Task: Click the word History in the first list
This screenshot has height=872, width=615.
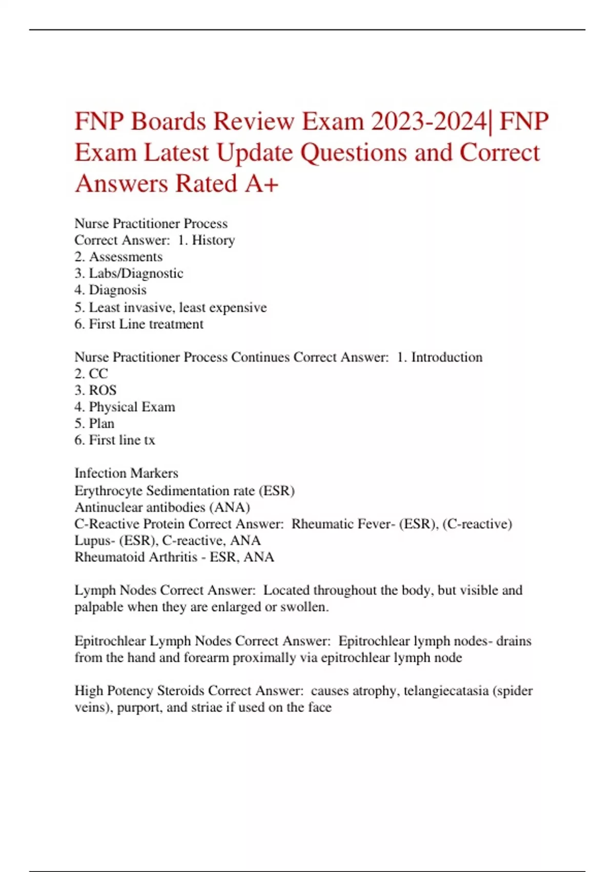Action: [x=213, y=240]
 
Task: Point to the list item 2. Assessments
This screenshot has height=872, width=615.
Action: [x=118, y=256]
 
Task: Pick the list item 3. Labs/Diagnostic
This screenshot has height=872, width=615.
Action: [x=129, y=273]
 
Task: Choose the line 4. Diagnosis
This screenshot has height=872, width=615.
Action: [x=110, y=290]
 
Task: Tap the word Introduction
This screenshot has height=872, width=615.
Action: [x=446, y=357]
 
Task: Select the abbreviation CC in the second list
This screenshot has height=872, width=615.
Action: [x=98, y=373]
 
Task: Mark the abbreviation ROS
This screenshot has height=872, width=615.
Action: [x=102, y=390]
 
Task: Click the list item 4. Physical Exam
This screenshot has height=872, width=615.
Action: [x=125, y=407]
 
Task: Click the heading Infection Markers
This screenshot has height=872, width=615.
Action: [x=126, y=473]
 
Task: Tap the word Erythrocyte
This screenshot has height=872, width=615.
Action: [x=108, y=491]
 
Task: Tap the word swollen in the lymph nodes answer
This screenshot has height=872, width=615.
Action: [x=306, y=607]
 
